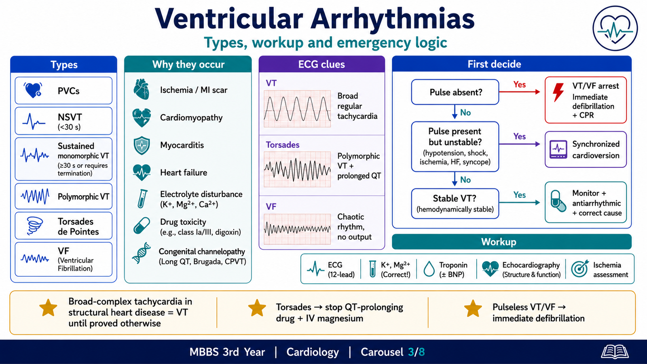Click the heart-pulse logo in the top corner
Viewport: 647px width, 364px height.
(615, 28)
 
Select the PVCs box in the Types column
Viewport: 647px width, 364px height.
(63, 91)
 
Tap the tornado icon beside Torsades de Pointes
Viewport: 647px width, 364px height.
(35, 226)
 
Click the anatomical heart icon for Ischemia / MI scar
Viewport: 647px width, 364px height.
(142, 89)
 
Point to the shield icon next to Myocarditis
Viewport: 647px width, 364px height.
(142, 145)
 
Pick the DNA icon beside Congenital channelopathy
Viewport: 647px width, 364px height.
(142, 253)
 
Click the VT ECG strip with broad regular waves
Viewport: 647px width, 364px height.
(297, 109)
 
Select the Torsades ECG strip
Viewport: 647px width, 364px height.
(297, 169)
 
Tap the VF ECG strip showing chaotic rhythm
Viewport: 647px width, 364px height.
(297, 229)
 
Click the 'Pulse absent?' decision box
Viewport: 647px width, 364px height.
(455, 92)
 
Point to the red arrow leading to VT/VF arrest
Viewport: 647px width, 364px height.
(519, 92)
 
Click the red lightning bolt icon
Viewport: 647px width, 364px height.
(558, 93)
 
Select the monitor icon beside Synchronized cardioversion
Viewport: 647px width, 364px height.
(558, 149)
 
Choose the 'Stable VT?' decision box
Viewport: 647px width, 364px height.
(455, 203)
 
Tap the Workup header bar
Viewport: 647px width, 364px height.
(512, 242)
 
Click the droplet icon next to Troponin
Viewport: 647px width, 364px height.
(429, 269)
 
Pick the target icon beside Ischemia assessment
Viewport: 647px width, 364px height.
(580, 269)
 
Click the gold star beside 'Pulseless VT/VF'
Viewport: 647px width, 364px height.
(473, 309)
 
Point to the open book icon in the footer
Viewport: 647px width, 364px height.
(615, 352)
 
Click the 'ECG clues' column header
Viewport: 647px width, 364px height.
(321, 64)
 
